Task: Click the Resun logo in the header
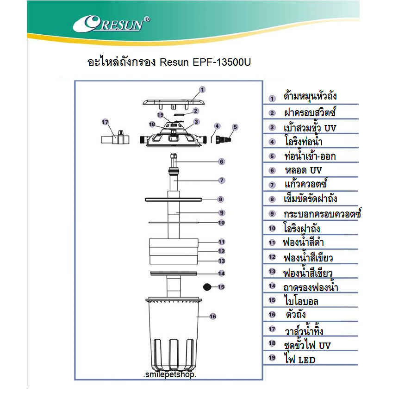[x=112, y=24]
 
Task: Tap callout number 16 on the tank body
[x=212, y=317]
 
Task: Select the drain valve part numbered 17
[x=113, y=138]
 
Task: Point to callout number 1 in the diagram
[x=202, y=89]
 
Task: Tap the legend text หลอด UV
[x=303, y=170]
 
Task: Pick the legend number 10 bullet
[x=272, y=228]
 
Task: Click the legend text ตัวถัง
[x=296, y=315]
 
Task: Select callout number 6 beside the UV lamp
[x=222, y=162]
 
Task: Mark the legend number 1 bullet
[x=272, y=99]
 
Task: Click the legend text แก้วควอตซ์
[x=306, y=184]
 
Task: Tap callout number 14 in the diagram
[x=222, y=274]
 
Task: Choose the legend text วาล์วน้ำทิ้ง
[x=304, y=330]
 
